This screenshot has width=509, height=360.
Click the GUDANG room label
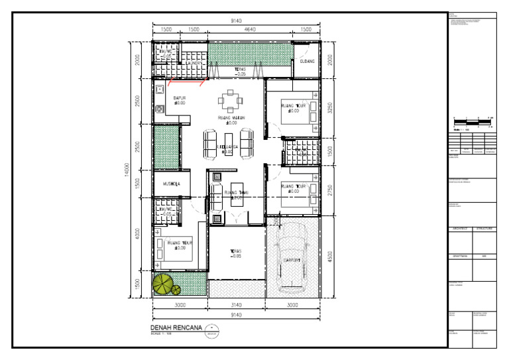click(307, 62)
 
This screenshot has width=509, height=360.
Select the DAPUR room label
click(179, 98)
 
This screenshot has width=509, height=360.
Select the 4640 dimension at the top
click(250, 30)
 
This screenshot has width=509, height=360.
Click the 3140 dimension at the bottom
click(236, 305)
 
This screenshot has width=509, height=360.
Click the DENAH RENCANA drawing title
click(175, 328)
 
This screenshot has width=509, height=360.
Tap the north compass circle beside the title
click(211, 329)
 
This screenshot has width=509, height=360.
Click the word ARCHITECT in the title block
click(461, 229)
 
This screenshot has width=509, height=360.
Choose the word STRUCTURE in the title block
click(484, 229)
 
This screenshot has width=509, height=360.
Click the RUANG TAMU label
click(237, 193)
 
